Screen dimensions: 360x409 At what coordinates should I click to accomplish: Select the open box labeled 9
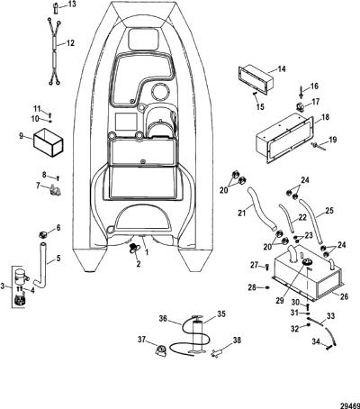coord(49,143)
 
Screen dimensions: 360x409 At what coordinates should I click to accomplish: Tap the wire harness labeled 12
coord(54,50)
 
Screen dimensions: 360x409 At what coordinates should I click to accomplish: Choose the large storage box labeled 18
coord(285,138)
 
